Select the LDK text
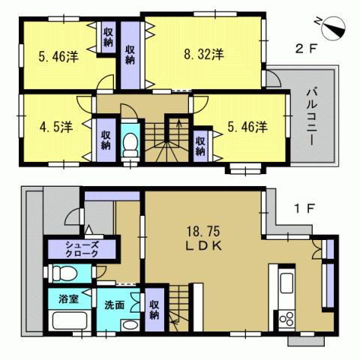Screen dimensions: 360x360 [x=202, y=247]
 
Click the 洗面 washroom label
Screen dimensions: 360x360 [x=115, y=305]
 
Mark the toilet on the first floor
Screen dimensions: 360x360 [x=60, y=273]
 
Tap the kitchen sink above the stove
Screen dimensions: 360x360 [x=286, y=285]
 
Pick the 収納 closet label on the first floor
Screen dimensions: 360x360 [x=154, y=310]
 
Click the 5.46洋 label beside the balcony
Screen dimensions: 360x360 [x=247, y=127]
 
